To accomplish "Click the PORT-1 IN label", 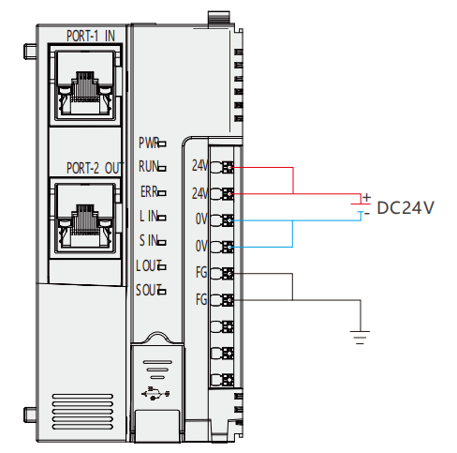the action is point(91,36).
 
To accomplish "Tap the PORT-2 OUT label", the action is point(96,168).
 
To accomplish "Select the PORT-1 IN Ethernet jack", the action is point(85,85).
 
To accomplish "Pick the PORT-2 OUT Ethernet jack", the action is point(85,218).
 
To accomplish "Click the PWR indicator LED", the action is point(162,144).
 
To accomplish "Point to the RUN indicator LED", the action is point(162,169).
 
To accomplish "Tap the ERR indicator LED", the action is point(162,193).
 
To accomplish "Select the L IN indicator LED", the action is point(162,218).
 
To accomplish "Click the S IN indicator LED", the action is point(162,242).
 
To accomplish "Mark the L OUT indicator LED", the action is point(162,267).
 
